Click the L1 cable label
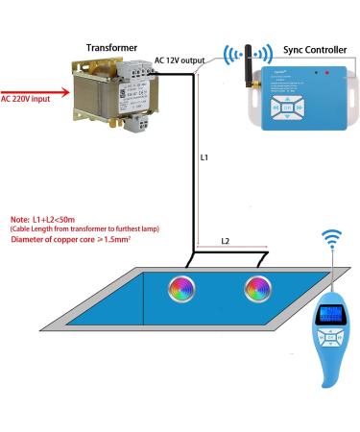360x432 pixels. click(x=204, y=155)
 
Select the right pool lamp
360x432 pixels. click(x=256, y=285)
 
